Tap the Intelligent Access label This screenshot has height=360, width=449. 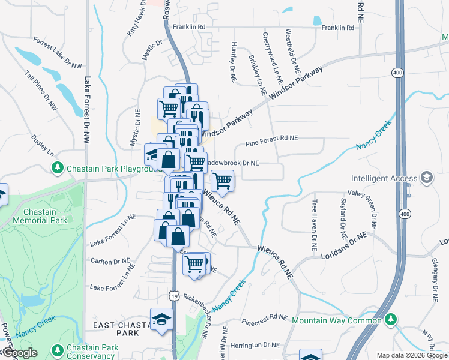tap(384, 178)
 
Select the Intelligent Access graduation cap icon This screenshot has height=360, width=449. tap(426, 178)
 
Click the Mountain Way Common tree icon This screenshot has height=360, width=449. tap(391, 319)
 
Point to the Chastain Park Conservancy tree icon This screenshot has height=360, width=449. tap(58, 349)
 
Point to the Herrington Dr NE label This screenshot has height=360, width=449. tap(255, 345)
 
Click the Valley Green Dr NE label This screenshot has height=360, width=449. tap(372, 211)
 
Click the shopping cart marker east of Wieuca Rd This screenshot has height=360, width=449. tap(222, 180)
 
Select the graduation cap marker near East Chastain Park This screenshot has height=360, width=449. tap(161, 319)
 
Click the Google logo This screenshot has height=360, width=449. tap(20, 353)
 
